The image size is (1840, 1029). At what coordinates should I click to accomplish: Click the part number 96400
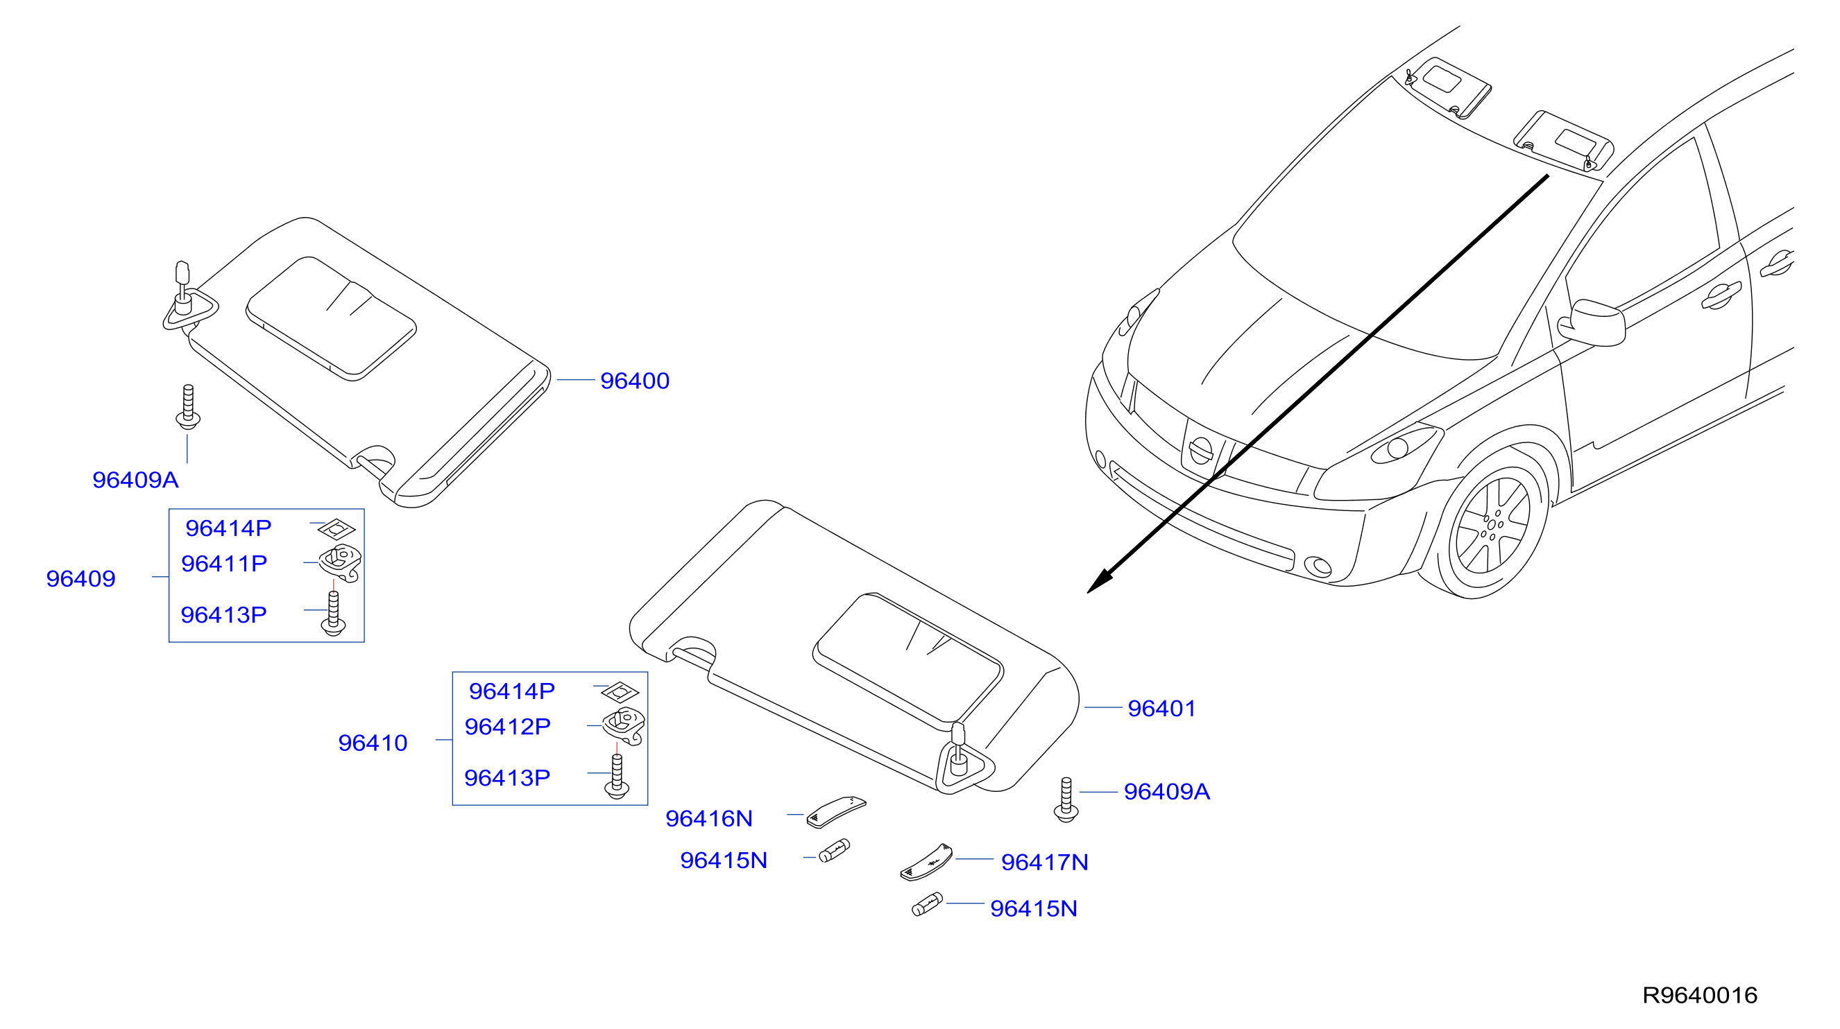coord(634,381)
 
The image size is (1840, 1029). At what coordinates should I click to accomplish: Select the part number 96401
coord(1161,709)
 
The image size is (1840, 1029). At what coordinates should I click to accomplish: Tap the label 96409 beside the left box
coord(80,578)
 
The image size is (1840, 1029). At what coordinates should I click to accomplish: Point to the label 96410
coord(373,743)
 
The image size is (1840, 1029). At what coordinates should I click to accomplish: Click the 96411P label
coord(224,564)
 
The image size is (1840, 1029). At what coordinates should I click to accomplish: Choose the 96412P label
coord(508,726)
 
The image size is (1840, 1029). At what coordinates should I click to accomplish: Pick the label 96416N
coord(709,818)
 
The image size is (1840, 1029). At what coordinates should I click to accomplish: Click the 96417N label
coord(1045,862)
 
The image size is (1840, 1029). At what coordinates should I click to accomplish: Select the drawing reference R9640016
coord(1699,995)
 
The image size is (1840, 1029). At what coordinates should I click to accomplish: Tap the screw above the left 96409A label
coord(188,407)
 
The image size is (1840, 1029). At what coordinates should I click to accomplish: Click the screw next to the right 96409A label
coord(1066,799)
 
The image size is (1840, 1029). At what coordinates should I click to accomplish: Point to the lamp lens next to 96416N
coord(836,812)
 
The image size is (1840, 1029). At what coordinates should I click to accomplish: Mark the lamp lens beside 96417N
coord(926,863)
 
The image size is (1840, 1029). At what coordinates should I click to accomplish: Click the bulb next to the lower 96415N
coord(927,904)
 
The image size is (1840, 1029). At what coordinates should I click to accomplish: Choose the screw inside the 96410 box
coord(617,776)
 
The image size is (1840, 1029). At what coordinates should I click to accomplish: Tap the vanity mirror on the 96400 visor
coord(332,318)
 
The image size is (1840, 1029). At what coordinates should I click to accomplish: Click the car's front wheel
coord(1493,525)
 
